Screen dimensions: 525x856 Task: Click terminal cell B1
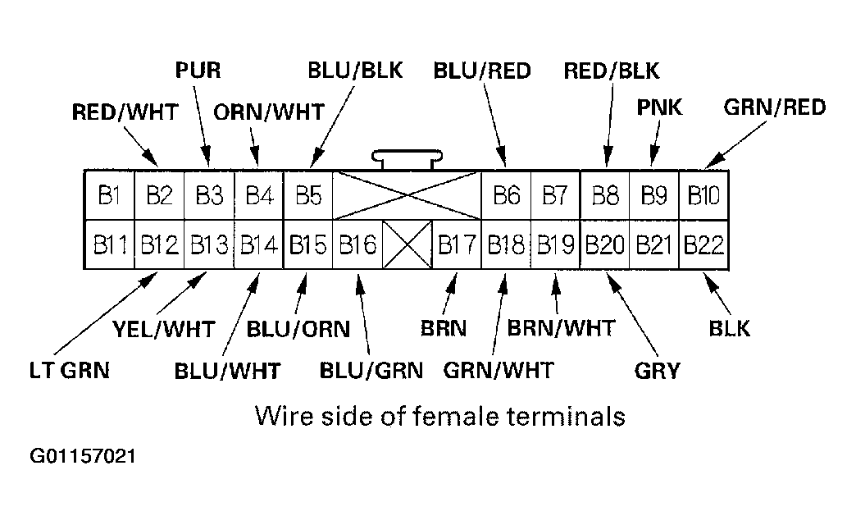pyautogui.click(x=110, y=196)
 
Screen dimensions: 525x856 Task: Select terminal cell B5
pyautogui.click(x=308, y=196)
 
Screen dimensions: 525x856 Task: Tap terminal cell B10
pyautogui.click(x=703, y=196)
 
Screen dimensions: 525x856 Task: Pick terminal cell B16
pyautogui.click(x=357, y=244)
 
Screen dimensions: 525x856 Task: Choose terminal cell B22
pyautogui.click(x=703, y=244)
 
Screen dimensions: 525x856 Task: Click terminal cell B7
pyautogui.click(x=556, y=196)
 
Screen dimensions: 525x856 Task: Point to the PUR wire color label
pyautogui.click(x=198, y=70)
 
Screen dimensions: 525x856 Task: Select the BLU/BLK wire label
pyautogui.click(x=355, y=70)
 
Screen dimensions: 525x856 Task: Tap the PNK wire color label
pyautogui.click(x=659, y=107)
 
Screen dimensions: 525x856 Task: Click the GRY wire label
pyautogui.click(x=657, y=370)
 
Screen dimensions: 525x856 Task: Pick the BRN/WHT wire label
pyautogui.click(x=561, y=328)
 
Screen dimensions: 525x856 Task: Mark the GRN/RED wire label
pyautogui.click(x=775, y=107)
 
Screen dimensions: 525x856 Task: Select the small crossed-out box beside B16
pyautogui.click(x=408, y=244)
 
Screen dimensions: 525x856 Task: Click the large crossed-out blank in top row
pyautogui.click(x=408, y=196)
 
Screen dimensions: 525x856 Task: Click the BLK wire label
pyautogui.click(x=729, y=328)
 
